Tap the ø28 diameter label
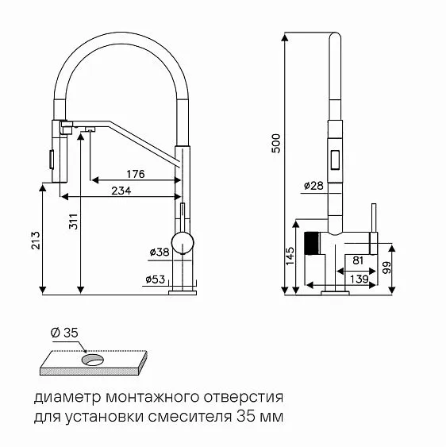point(313,186)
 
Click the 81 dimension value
point(358,260)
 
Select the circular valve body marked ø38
point(183,243)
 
